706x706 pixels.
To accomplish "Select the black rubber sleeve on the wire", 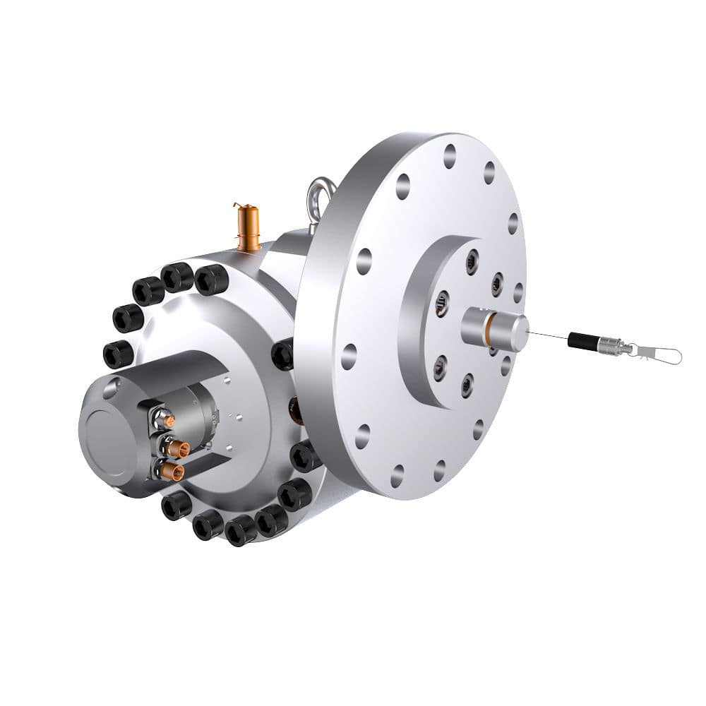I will pyautogui.click(x=582, y=341).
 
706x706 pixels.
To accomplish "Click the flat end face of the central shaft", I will pyautogui.click(x=518, y=332).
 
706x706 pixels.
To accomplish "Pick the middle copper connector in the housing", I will pyautogui.click(x=177, y=447).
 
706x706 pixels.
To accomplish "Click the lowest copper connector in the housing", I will pyautogui.click(x=172, y=470).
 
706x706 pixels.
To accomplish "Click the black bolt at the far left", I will pyautogui.click(x=117, y=354).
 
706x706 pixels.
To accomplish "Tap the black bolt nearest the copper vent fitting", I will pyautogui.click(x=212, y=280).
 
